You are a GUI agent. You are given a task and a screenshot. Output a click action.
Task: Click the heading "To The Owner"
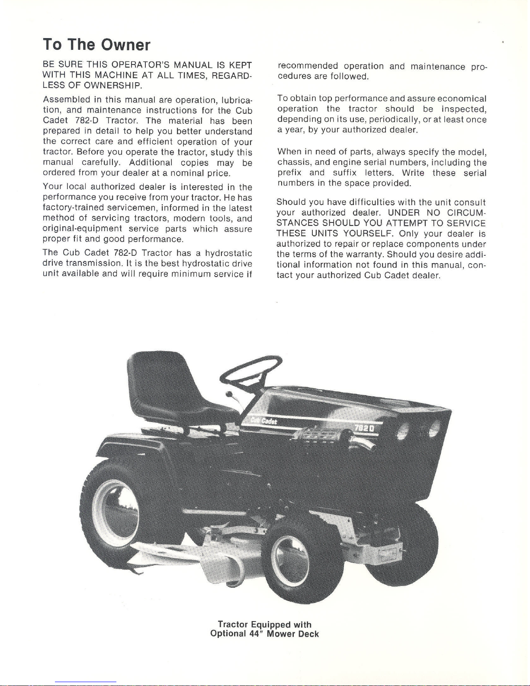(96, 45)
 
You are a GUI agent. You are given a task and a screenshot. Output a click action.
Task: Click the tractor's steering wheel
(251, 369)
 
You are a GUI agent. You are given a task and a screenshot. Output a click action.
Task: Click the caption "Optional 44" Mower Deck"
(264, 634)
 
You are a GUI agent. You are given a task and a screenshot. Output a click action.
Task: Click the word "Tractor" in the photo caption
(233, 624)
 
